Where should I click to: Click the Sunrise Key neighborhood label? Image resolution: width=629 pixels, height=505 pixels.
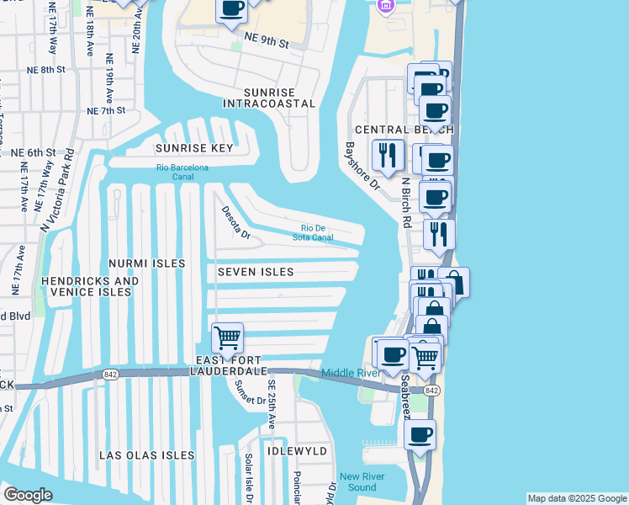tap(193, 148)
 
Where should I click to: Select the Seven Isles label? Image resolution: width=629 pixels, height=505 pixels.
tap(256, 272)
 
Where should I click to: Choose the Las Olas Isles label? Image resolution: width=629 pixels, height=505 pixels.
tap(147, 455)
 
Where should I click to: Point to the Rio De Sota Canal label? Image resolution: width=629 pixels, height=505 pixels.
tap(318, 232)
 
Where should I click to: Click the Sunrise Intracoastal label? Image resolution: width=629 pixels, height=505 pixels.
tap(269, 98)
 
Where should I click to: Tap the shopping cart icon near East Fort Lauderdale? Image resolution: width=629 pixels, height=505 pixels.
tap(227, 338)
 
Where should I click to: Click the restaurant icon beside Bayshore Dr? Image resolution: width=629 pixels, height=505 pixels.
tap(388, 155)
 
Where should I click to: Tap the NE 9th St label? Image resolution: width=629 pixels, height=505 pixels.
tap(267, 41)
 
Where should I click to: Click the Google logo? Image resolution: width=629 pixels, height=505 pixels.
tap(28, 495)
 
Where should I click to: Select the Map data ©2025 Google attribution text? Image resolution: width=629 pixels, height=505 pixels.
tap(577, 498)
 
